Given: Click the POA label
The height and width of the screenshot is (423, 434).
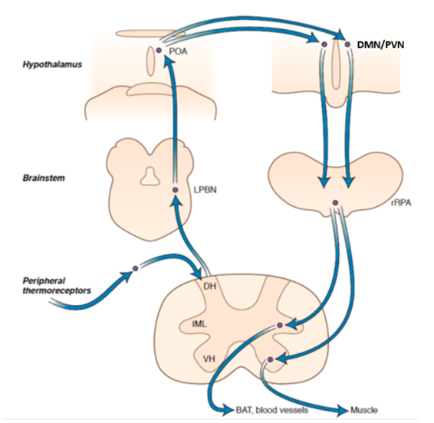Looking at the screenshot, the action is [x=178, y=51].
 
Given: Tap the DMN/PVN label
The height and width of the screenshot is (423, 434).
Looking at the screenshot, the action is [x=380, y=44].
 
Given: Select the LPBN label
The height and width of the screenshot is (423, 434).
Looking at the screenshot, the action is [x=205, y=190].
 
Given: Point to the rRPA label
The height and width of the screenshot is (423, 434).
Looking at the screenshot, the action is [x=401, y=203].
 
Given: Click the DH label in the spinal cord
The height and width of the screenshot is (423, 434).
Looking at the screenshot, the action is [x=210, y=286].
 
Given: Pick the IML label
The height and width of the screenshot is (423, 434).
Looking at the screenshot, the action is [x=199, y=323].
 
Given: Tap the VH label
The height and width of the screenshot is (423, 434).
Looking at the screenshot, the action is [x=209, y=359].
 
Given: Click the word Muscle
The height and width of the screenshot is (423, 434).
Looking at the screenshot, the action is [x=364, y=410].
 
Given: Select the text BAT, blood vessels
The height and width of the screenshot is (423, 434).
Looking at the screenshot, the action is [x=272, y=410].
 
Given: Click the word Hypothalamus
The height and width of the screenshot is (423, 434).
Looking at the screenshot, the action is [x=52, y=64].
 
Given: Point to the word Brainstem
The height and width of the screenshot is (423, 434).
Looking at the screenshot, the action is [x=44, y=178].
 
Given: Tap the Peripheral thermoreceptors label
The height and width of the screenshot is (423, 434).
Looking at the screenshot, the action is [x=57, y=286].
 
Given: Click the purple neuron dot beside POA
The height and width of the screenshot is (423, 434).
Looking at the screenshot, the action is [x=159, y=51].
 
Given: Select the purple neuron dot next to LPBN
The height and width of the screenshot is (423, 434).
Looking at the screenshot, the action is [x=175, y=190].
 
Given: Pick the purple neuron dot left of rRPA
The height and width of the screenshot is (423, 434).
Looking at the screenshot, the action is [x=335, y=203].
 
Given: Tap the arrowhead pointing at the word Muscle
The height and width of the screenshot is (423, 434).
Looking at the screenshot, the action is [x=343, y=410].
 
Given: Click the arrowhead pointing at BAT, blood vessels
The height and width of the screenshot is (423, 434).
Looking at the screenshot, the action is [x=228, y=410].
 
